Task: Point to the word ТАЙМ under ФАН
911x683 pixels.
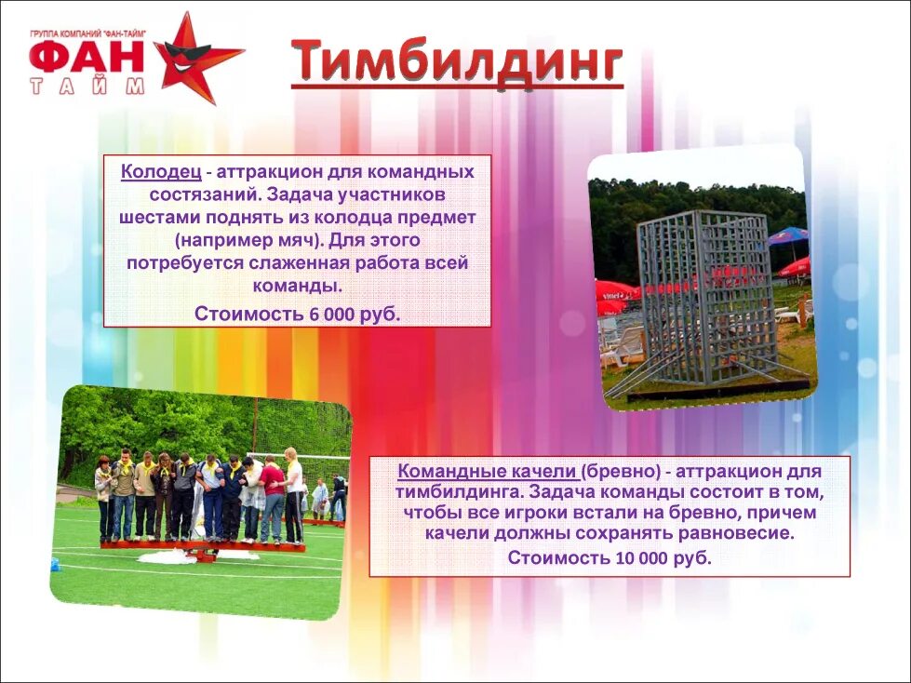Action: coord(87,87)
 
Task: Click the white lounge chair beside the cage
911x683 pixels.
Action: coord(623,344)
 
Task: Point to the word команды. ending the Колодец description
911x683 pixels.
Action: coord(297,285)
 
